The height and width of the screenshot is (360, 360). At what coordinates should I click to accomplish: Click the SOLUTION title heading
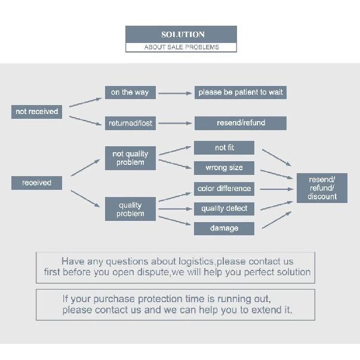(x=183, y=35)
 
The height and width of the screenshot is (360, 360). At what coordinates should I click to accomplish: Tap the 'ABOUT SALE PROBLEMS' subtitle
(x=181, y=47)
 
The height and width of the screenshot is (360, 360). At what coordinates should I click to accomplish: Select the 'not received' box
(x=37, y=112)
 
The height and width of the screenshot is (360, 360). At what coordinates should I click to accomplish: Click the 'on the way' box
(x=130, y=93)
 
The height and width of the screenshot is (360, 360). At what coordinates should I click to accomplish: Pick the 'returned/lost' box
(x=130, y=124)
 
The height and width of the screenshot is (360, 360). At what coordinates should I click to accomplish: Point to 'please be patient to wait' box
(x=241, y=93)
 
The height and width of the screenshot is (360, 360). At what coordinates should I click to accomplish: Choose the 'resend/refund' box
(x=241, y=124)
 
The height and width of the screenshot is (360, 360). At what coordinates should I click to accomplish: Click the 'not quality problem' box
(x=130, y=158)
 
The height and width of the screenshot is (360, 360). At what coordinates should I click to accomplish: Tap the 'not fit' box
(x=224, y=147)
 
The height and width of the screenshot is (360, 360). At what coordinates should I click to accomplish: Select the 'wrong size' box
(x=224, y=168)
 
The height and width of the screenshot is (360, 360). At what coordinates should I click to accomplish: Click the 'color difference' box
(x=224, y=189)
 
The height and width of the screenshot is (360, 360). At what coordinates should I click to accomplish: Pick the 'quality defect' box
(x=224, y=209)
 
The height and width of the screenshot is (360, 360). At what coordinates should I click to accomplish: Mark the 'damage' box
(x=224, y=229)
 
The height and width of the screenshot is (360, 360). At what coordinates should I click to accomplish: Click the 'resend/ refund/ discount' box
(x=322, y=188)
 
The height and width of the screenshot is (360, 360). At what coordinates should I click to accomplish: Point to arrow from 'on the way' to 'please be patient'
(x=175, y=93)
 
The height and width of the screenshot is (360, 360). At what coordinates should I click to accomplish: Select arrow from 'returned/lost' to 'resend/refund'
(x=175, y=124)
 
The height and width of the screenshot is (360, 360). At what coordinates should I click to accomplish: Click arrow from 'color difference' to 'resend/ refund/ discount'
(x=276, y=189)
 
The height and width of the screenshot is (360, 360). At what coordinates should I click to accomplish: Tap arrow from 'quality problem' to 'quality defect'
(x=175, y=209)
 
